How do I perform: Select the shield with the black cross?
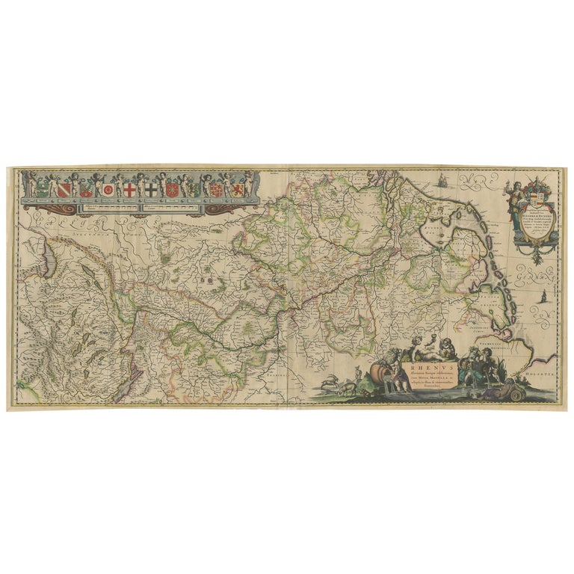(x=152, y=190)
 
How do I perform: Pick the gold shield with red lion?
(x=236, y=189)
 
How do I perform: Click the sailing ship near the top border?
(x=442, y=180)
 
